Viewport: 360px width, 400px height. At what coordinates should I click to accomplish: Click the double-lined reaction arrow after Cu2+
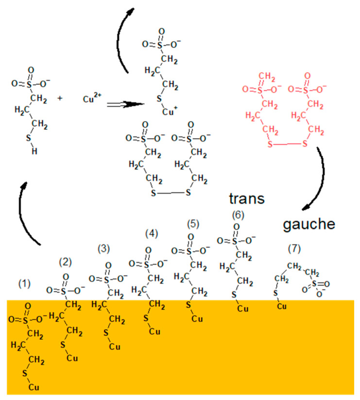pos(126,104)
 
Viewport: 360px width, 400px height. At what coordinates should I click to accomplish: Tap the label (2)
pos(66,262)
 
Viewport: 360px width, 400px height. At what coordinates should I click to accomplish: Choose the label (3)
pos(104,248)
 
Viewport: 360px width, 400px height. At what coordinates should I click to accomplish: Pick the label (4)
pos(152,234)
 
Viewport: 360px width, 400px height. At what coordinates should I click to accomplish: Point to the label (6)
pos(238,214)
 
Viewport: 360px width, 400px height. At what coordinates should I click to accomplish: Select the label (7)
pos(294,249)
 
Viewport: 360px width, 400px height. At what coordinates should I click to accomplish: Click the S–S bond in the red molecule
pos(287,144)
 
